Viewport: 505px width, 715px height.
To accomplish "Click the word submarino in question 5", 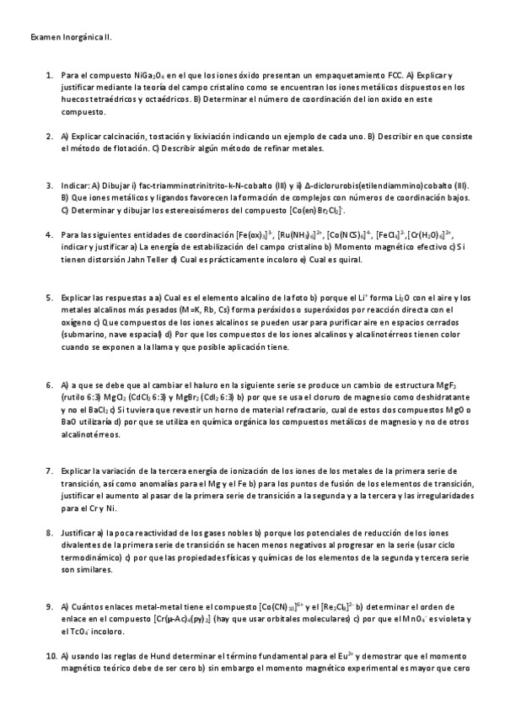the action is point(83,334).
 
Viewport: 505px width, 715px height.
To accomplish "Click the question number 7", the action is point(50,469).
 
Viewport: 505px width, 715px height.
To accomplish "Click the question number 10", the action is point(50,655).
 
